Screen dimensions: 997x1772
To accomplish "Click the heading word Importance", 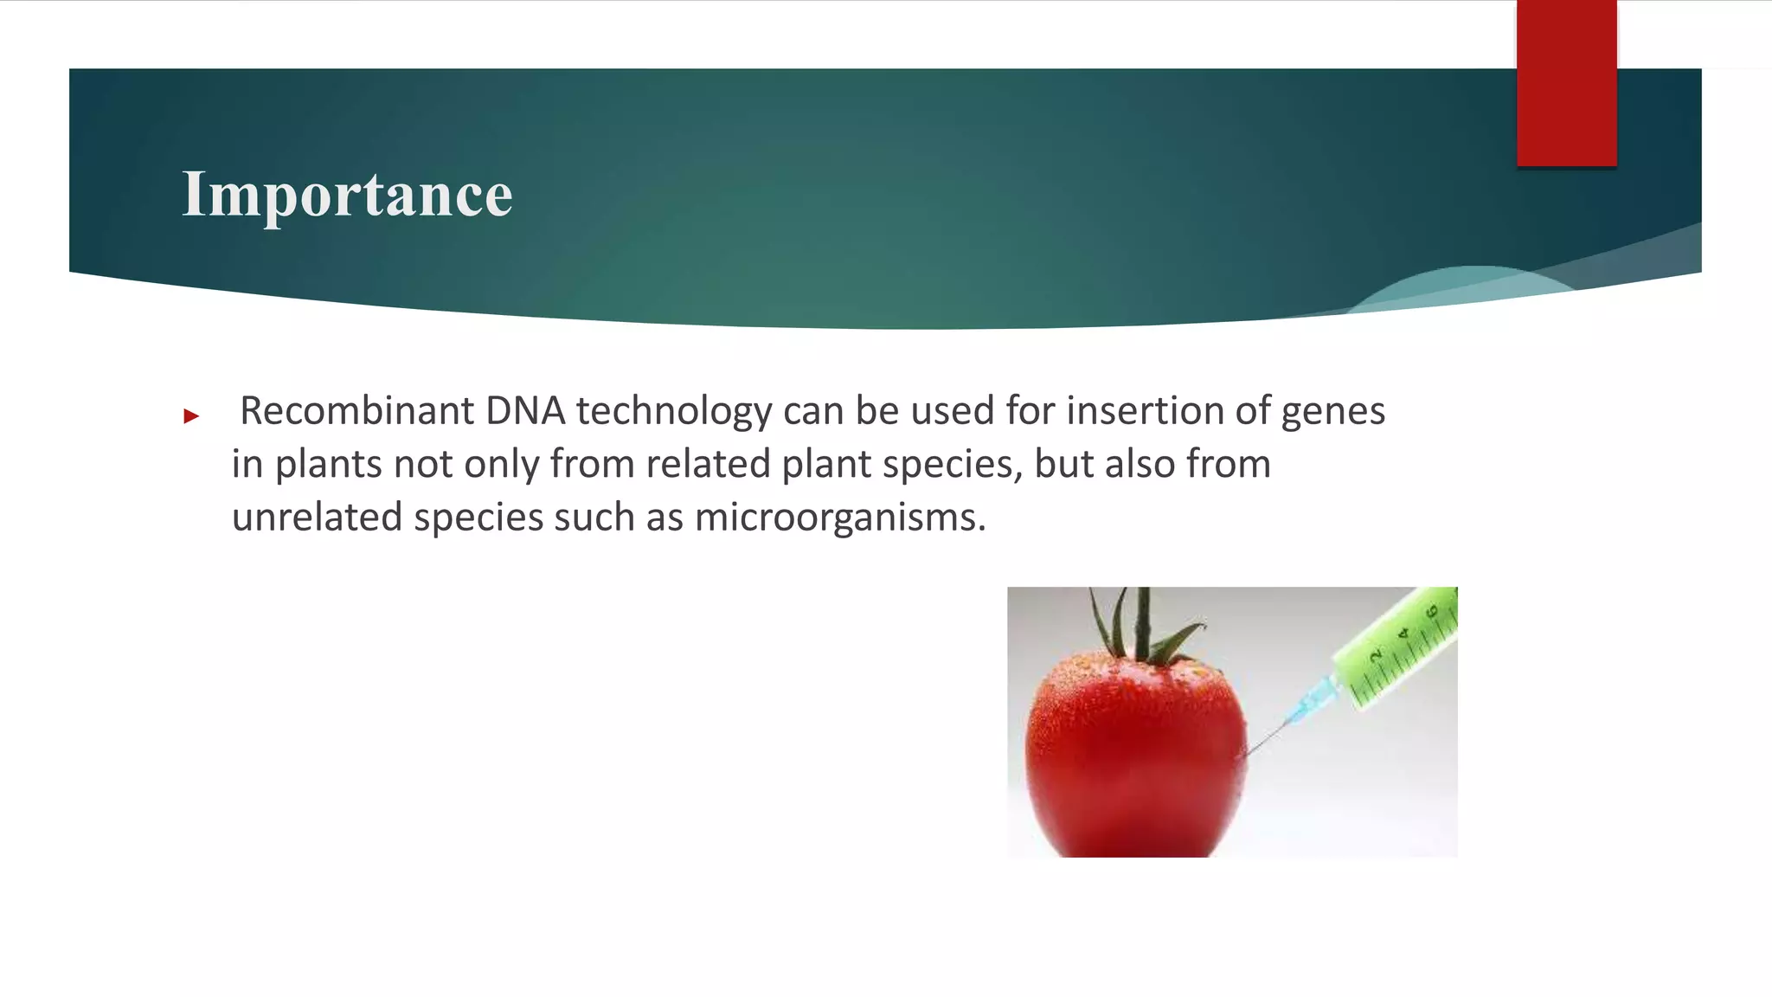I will (347, 195).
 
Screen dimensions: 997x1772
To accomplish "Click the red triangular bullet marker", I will (191, 417).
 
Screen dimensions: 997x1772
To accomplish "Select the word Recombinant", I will (356, 411).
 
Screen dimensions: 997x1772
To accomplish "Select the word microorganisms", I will (839, 518).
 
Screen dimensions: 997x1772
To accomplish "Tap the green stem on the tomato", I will (1142, 627).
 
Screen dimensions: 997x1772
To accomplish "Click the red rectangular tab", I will (1566, 83).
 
